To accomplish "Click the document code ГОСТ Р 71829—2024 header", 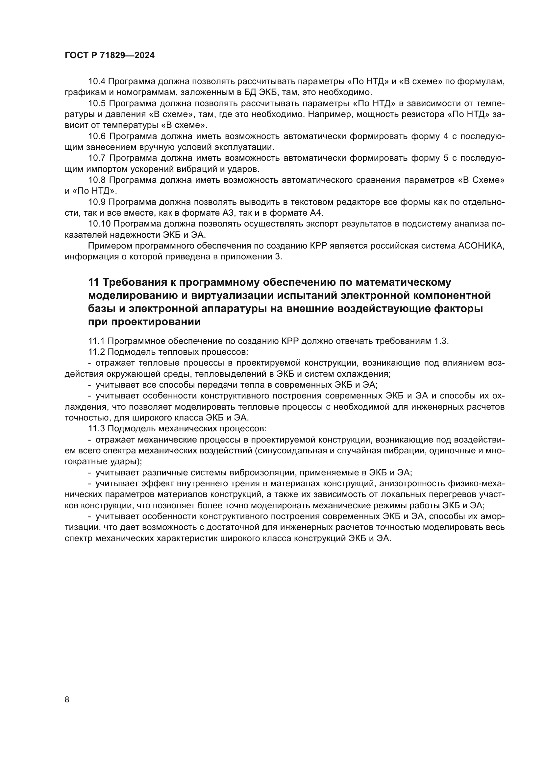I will (x=110, y=56).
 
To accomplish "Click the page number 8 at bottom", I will (x=67, y=700).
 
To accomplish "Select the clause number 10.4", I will (x=97, y=82).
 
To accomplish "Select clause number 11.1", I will (x=97, y=341).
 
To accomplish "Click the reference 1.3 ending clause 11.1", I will (x=441, y=341).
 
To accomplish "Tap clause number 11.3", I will (x=97, y=428).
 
